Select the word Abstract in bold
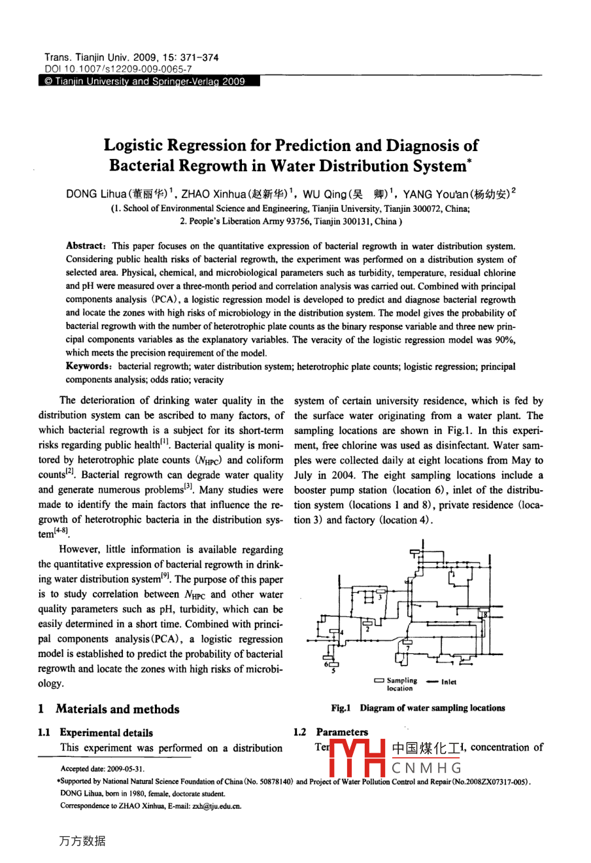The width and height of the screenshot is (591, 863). coord(84,246)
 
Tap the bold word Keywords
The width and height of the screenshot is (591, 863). coord(88,367)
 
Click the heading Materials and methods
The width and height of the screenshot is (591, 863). coord(117,709)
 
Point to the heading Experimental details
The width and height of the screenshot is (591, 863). coord(106,733)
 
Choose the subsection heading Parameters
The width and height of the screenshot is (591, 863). coord(341,732)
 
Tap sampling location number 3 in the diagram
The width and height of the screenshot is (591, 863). coord(379,597)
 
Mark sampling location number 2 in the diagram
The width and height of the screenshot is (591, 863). coord(368,629)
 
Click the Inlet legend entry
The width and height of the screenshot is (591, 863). coord(448,682)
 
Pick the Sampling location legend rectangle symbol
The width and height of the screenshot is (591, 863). coord(379,681)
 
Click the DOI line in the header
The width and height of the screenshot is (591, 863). coord(118,68)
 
